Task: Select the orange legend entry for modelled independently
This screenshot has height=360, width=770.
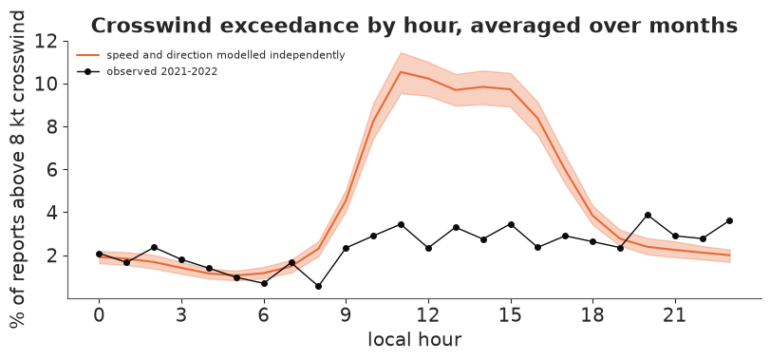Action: coord(211,55)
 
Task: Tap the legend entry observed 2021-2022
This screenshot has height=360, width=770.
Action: coord(147,71)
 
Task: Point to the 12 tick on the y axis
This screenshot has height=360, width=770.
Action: coord(48,41)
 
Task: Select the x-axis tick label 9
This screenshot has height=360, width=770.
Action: coord(347,314)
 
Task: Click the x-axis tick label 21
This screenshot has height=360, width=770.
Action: coord(675,314)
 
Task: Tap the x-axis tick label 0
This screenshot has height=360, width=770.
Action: coord(99,314)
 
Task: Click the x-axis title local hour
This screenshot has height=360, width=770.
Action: coord(415,339)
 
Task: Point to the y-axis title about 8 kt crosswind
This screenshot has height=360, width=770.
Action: coord(17,169)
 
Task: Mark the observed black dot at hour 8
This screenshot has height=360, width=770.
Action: coord(318,286)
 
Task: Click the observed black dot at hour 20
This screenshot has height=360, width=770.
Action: coord(648,215)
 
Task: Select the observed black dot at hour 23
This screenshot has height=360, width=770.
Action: coord(730,221)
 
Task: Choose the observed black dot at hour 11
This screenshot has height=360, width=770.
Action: coord(401,224)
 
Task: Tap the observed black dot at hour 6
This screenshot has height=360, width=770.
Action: coord(264,283)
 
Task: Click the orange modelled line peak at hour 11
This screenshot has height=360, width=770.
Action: coord(401,72)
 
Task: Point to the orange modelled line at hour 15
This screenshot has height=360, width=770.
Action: coord(511,89)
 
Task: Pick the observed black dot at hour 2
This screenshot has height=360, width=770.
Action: coord(154,247)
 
